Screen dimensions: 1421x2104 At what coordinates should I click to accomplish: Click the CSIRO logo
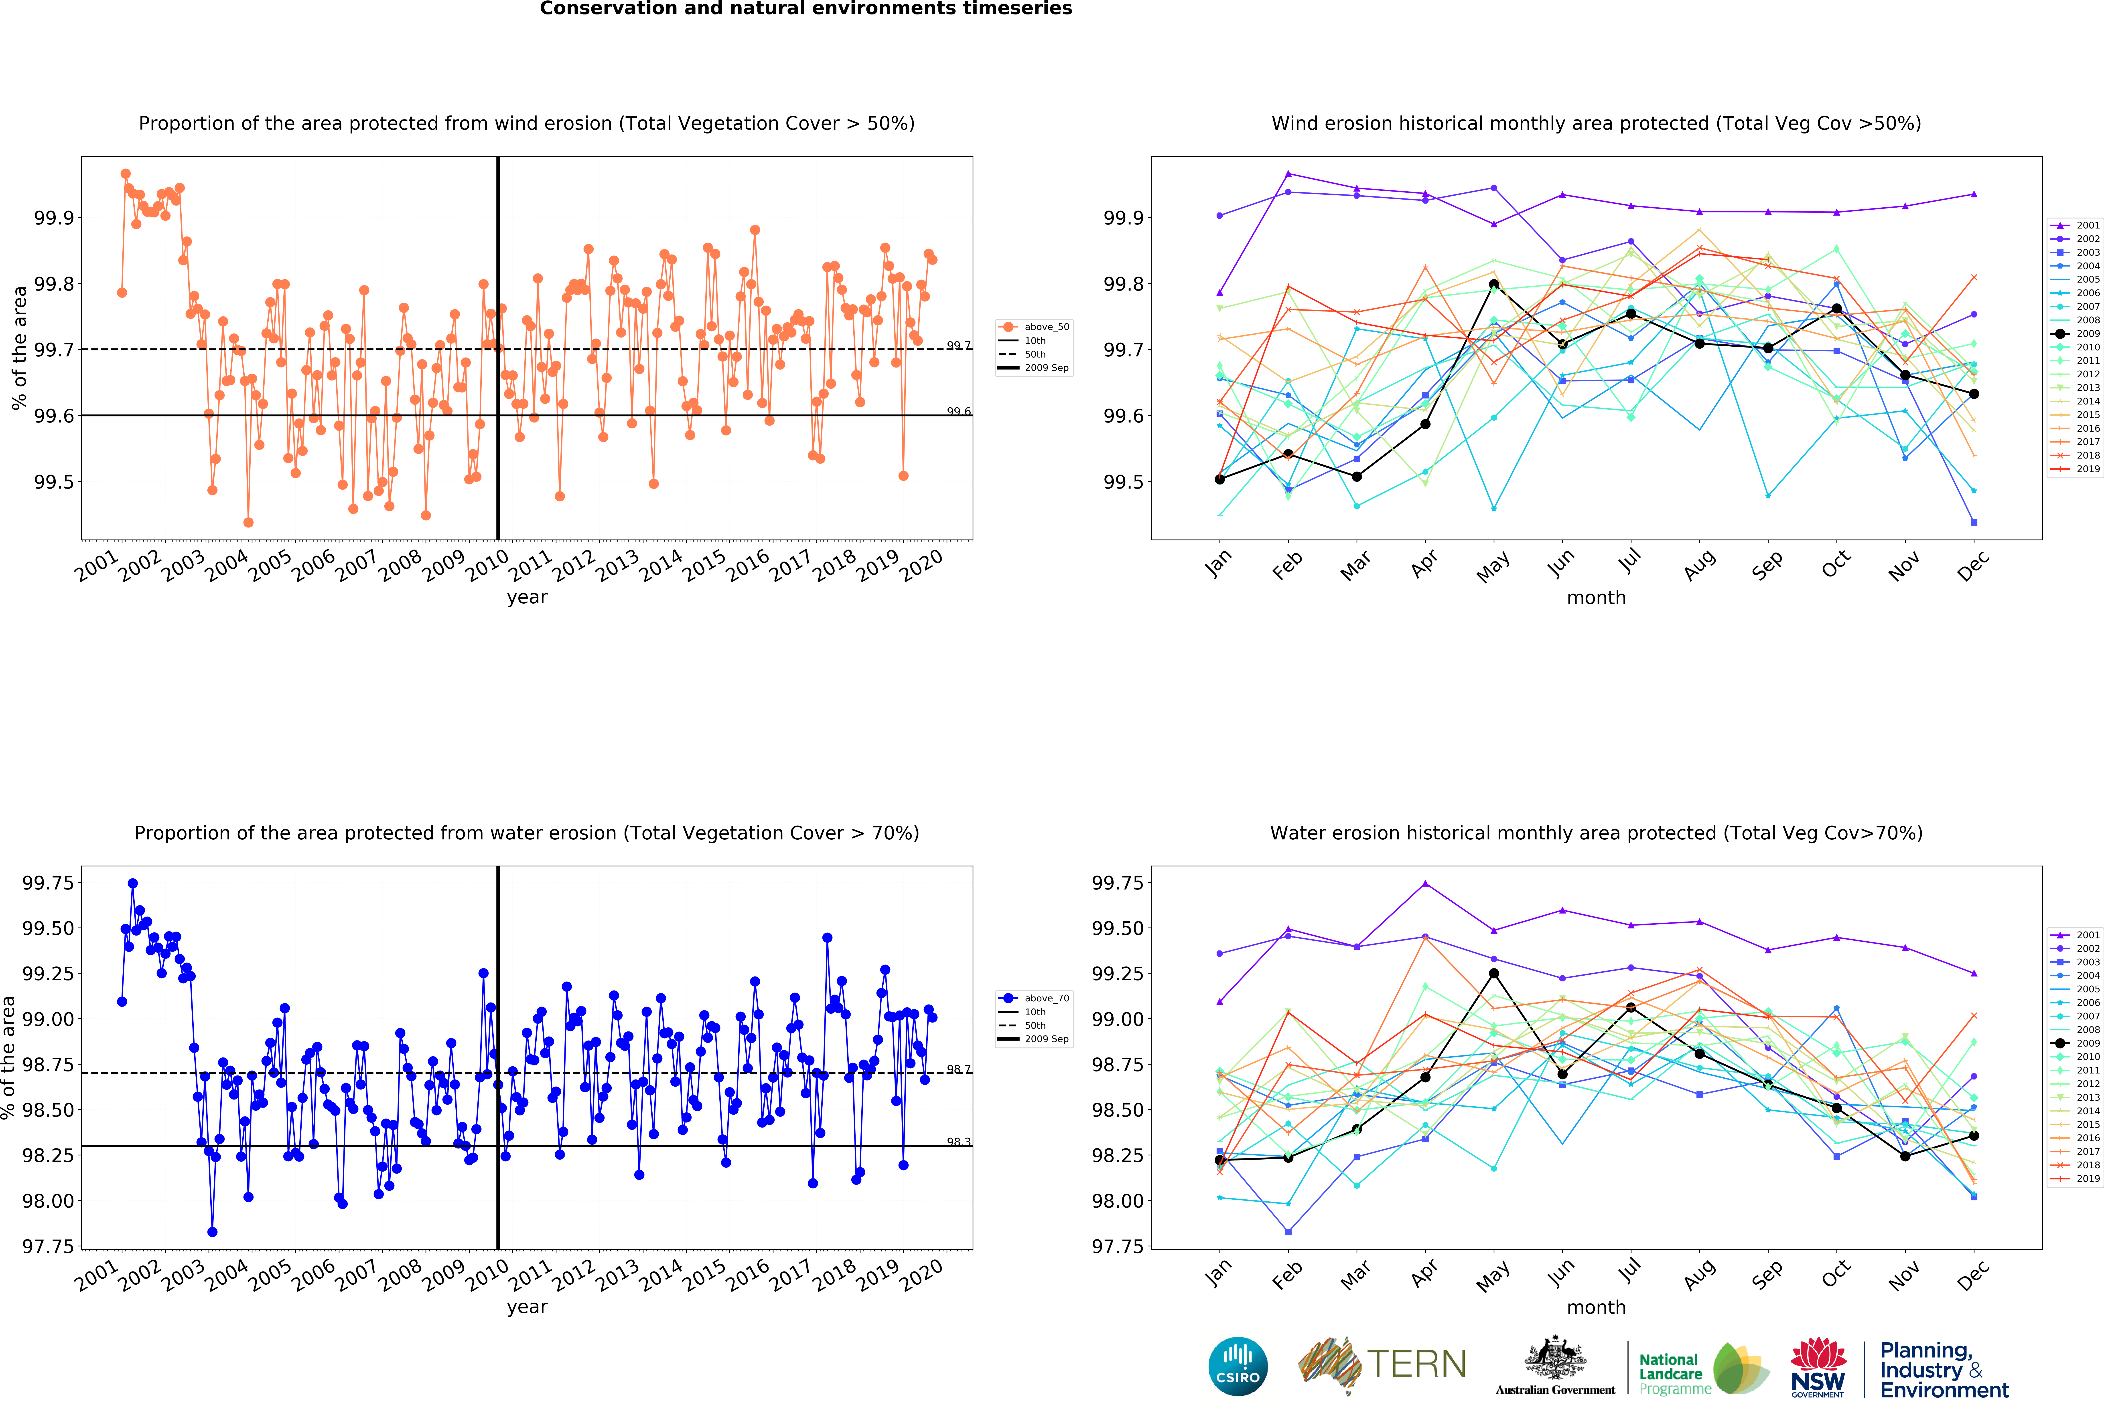1238,1366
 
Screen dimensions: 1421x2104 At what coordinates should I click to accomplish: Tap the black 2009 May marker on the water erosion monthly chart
1494,973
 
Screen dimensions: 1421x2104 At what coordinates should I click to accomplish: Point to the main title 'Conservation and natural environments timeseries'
806,9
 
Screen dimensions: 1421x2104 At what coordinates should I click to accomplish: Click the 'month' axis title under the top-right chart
1596,597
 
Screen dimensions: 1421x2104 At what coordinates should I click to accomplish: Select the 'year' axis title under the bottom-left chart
527,1307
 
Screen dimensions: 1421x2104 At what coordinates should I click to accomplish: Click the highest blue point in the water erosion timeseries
132,883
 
